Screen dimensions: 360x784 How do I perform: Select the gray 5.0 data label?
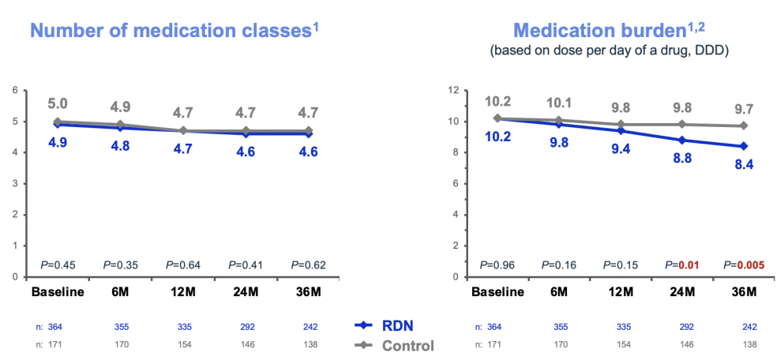58,104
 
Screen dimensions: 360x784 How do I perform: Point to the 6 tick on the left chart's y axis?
13,90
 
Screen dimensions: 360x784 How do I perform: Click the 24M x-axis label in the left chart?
244,291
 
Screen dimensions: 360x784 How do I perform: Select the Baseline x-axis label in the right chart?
497,291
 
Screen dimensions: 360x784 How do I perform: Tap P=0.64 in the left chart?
182,265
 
